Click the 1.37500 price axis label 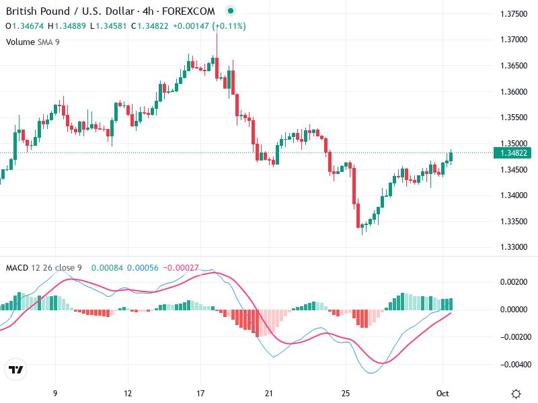[x=513, y=13]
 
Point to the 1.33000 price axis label [x=513, y=247]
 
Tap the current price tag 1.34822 [x=513, y=153]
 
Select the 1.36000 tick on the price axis [x=513, y=91]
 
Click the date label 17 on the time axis [x=200, y=393]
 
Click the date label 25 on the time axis [x=346, y=393]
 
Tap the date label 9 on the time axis [x=55, y=393]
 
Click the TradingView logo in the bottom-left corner [x=15, y=369]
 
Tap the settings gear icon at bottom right [x=516, y=394]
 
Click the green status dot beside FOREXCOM [x=231, y=11]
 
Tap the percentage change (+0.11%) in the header [x=229, y=26]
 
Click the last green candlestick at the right [x=451, y=156]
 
